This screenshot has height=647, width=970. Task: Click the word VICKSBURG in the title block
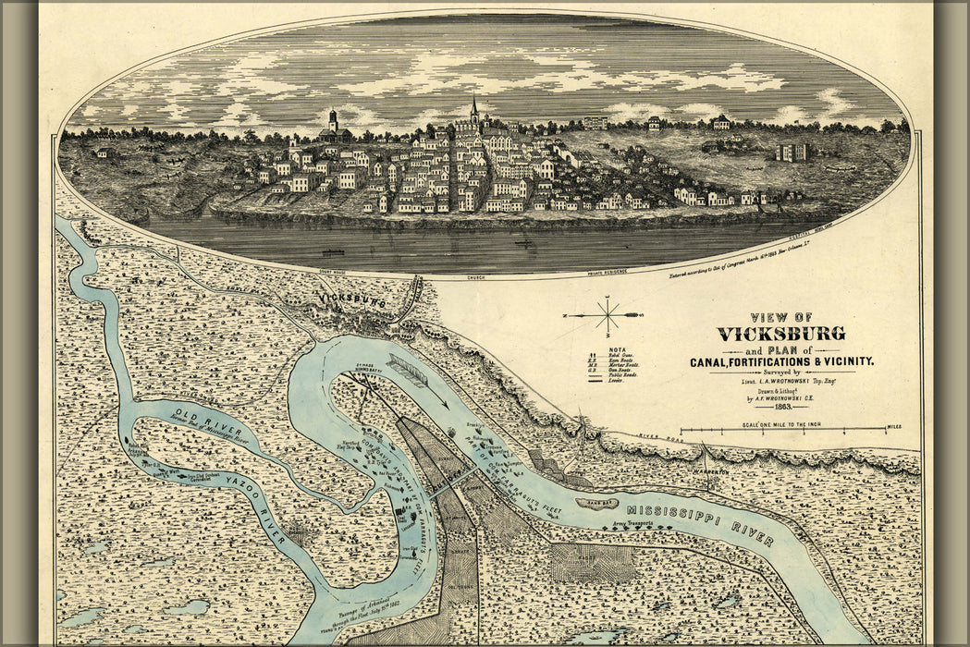pos(780,334)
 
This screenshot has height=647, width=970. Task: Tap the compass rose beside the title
pos(608,315)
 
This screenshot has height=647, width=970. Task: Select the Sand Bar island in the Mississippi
pos(596,504)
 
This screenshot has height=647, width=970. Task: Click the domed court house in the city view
pos(333,124)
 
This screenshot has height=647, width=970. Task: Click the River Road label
pos(659,438)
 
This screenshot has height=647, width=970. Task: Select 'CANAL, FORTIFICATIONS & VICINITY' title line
pos(781,361)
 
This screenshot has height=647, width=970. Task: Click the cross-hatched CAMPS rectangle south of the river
pos(593,562)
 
